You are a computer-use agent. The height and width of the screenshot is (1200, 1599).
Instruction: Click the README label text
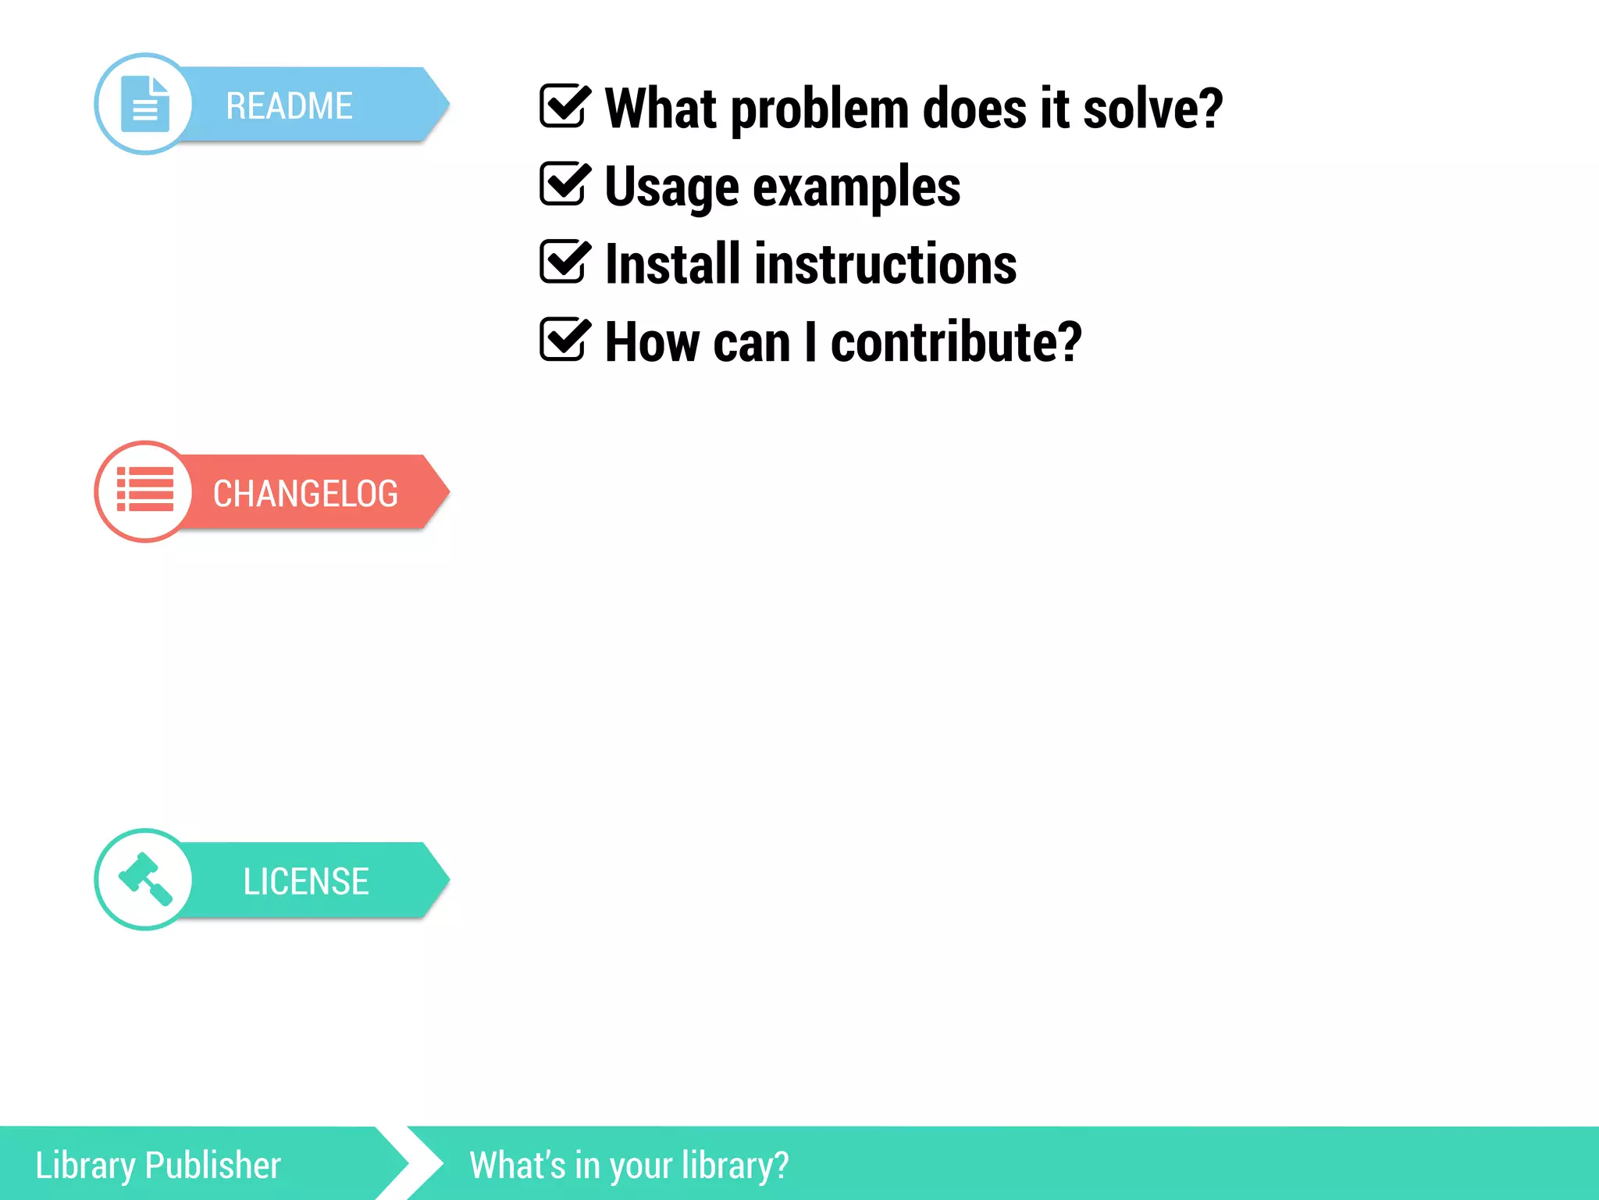(289, 105)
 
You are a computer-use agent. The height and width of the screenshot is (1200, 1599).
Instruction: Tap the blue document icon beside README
(145, 104)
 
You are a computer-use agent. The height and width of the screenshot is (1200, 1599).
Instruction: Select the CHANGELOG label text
(305, 494)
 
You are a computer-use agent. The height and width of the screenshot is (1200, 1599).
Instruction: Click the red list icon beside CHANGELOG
(145, 490)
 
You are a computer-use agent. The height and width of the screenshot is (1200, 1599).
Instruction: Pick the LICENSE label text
(305, 881)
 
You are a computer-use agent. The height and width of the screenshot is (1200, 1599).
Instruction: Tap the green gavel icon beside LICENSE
(145, 879)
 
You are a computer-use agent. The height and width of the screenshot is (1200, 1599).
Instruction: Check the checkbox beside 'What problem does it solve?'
(563, 106)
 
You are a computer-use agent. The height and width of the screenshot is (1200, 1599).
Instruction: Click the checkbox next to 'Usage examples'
(563, 184)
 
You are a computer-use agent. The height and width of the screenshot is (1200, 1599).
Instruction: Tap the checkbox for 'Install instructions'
(563, 262)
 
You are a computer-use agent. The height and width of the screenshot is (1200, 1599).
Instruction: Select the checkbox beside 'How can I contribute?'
(563, 340)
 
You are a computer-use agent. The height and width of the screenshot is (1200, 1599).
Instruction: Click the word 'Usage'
(671, 187)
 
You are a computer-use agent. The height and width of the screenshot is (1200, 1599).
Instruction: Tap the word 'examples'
(856, 187)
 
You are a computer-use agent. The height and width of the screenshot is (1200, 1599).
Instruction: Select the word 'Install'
(672, 264)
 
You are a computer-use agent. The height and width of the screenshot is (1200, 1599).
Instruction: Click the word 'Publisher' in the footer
(212, 1166)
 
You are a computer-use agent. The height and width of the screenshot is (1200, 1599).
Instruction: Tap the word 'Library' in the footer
(85, 1166)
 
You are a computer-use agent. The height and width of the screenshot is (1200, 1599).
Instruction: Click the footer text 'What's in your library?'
(629, 1166)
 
